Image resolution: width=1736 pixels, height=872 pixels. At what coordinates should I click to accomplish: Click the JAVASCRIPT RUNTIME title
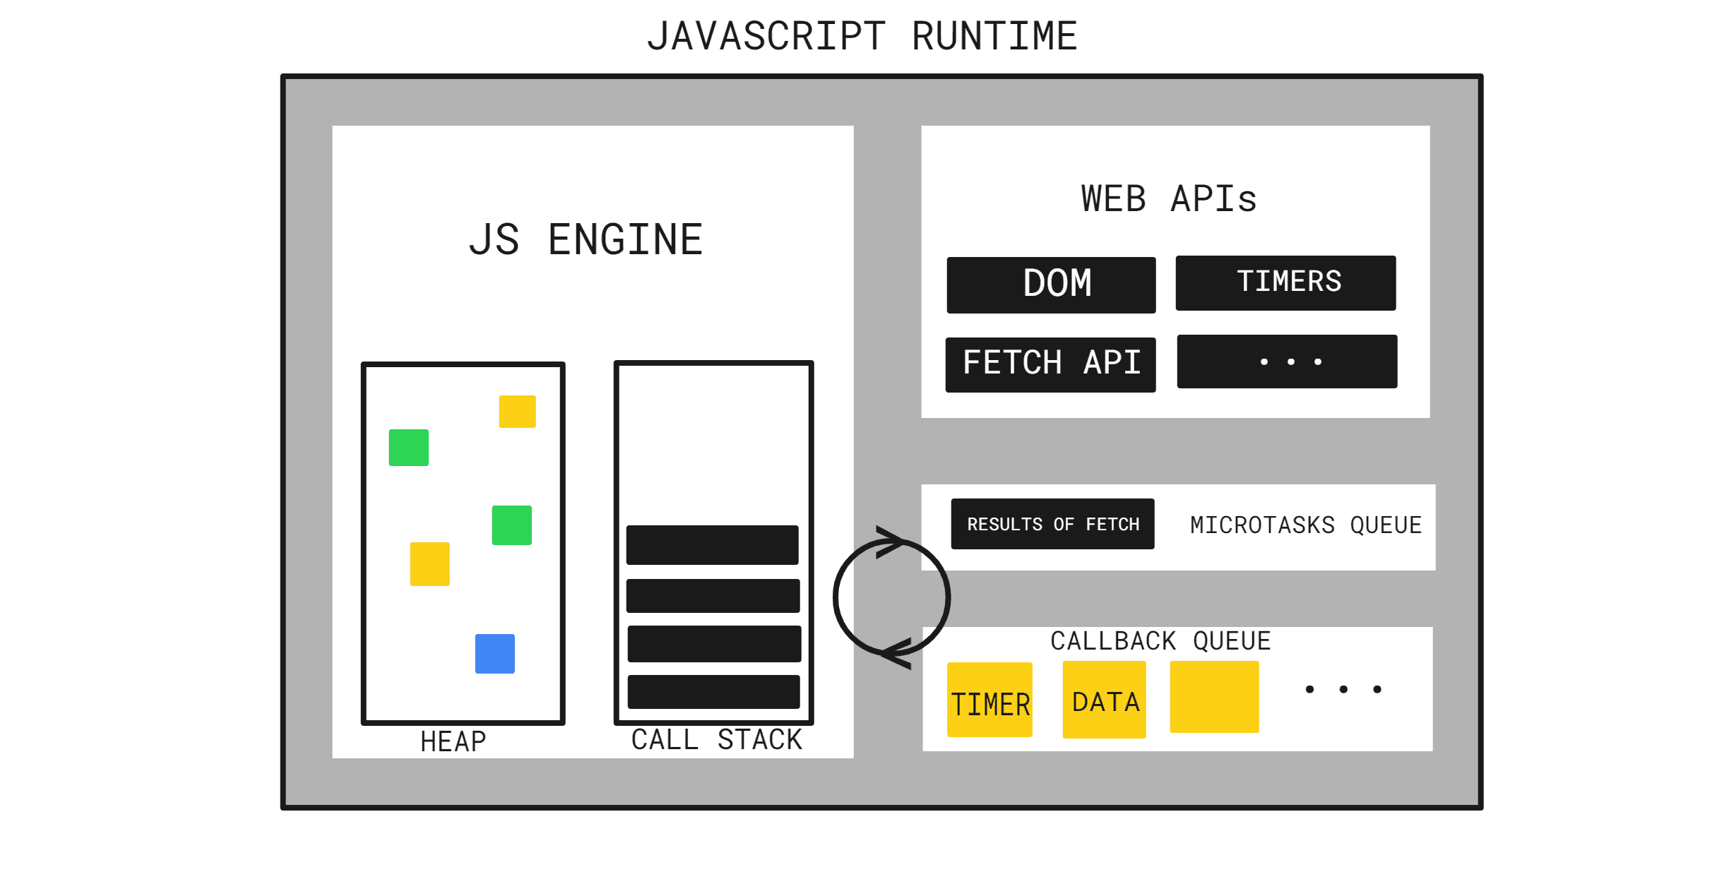pyautogui.click(x=862, y=37)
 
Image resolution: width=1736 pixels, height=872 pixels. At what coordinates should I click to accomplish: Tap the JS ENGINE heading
pyautogui.click(x=586, y=240)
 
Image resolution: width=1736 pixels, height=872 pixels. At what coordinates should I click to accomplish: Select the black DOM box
pyautogui.click(x=1051, y=285)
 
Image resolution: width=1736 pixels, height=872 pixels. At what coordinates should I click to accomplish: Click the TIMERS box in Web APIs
pyautogui.click(x=1285, y=282)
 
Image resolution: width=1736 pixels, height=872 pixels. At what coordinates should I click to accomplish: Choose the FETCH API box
pyautogui.click(x=1050, y=364)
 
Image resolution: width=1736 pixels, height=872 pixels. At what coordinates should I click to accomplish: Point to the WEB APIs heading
pyautogui.click(x=1169, y=199)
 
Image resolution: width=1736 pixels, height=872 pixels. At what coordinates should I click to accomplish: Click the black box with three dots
pyautogui.click(x=1287, y=362)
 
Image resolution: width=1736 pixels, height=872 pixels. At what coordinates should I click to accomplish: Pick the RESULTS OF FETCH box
pyautogui.click(x=1052, y=524)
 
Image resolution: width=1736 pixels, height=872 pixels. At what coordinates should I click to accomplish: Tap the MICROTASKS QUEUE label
pyautogui.click(x=1305, y=525)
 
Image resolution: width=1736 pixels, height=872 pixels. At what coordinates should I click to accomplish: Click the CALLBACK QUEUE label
pyautogui.click(x=1160, y=641)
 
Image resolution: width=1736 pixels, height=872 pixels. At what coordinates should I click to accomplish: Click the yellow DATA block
pyautogui.click(x=1104, y=700)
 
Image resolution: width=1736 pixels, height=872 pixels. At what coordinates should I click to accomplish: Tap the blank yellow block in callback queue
pyautogui.click(x=1214, y=697)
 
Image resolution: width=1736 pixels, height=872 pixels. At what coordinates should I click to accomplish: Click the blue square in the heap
pyautogui.click(x=494, y=654)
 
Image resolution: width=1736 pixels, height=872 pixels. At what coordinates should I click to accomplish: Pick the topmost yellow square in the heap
pyautogui.click(x=517, y=412)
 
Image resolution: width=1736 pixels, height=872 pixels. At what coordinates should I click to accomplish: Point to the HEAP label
pyautogui.click(x=453, y=742)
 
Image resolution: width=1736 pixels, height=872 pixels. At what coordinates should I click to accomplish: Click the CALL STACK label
pyautogui.click(x=716, y=740)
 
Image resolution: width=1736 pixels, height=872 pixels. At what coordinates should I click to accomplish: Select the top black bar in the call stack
pyautogui.click(x=712, y=545)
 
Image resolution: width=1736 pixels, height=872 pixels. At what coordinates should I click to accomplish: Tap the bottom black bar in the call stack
pyautogui.click(x=713, y=692)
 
